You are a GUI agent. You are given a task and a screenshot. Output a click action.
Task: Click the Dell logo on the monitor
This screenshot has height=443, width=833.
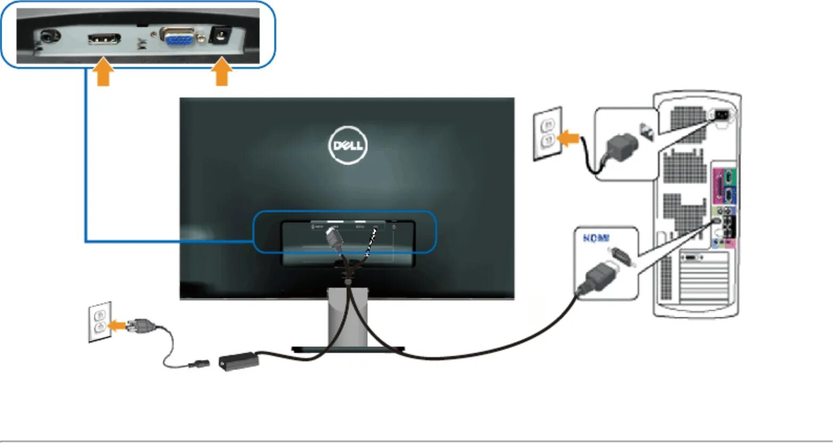(x=347, y=145)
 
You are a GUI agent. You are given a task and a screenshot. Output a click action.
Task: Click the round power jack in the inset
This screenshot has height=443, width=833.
(x=219, y=36)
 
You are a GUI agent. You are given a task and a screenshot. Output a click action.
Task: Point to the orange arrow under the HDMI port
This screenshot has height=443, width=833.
(x=104, y=73)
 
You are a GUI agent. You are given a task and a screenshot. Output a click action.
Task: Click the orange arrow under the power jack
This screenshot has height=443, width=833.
(x=222, y=73)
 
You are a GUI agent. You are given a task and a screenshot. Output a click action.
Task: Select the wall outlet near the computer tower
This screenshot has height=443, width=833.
(x=547, y=133)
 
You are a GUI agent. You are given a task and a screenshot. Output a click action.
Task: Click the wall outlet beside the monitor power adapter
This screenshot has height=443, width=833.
(x=100, y=321)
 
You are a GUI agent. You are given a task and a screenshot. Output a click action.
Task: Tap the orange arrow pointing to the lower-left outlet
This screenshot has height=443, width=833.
(x=117, y=325)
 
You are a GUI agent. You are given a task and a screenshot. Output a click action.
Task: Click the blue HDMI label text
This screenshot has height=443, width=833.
(x=596, y=239)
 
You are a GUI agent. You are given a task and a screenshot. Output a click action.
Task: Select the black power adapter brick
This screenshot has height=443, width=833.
(x=239, y=361)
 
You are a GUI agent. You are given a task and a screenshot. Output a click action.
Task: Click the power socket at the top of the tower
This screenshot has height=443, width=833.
(x=721, y=114)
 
